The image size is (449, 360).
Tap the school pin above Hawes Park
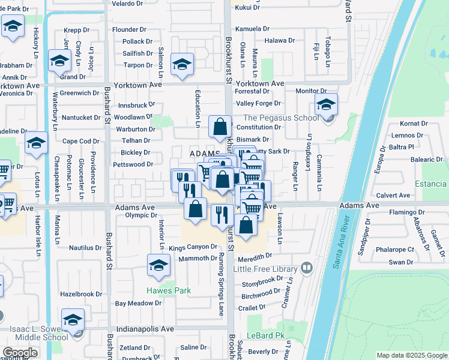click(x=158, y=265)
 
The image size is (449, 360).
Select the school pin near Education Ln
click(x=182, y=65)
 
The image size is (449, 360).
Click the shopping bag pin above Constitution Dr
click(x=220, y=127)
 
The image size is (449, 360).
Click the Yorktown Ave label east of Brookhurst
click(x=259, y=83)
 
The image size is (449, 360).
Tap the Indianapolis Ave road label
click(x=146, y=329)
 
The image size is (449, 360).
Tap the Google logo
click(x=20, y=353)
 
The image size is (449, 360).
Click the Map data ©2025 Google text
click(x=411, y=355)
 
